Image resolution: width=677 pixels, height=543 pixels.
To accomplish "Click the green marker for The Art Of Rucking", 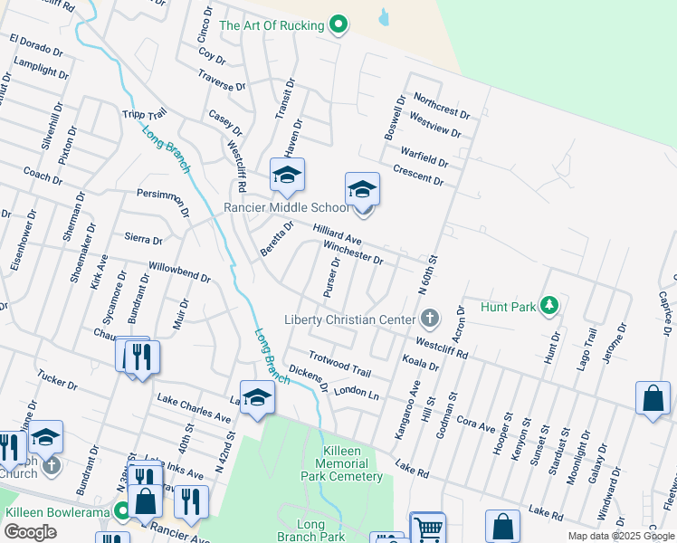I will [338, 25].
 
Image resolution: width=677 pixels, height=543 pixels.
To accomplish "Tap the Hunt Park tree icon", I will [548, 306].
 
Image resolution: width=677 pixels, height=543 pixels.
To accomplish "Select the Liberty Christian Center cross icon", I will [430, 319].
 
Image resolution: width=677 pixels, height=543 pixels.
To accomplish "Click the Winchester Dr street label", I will [353, 251].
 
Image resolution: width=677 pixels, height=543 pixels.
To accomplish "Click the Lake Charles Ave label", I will [194, 407].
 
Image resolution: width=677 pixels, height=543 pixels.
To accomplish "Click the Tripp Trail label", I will [145, 116].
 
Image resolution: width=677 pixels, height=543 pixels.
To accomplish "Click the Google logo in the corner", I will [31, 532].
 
